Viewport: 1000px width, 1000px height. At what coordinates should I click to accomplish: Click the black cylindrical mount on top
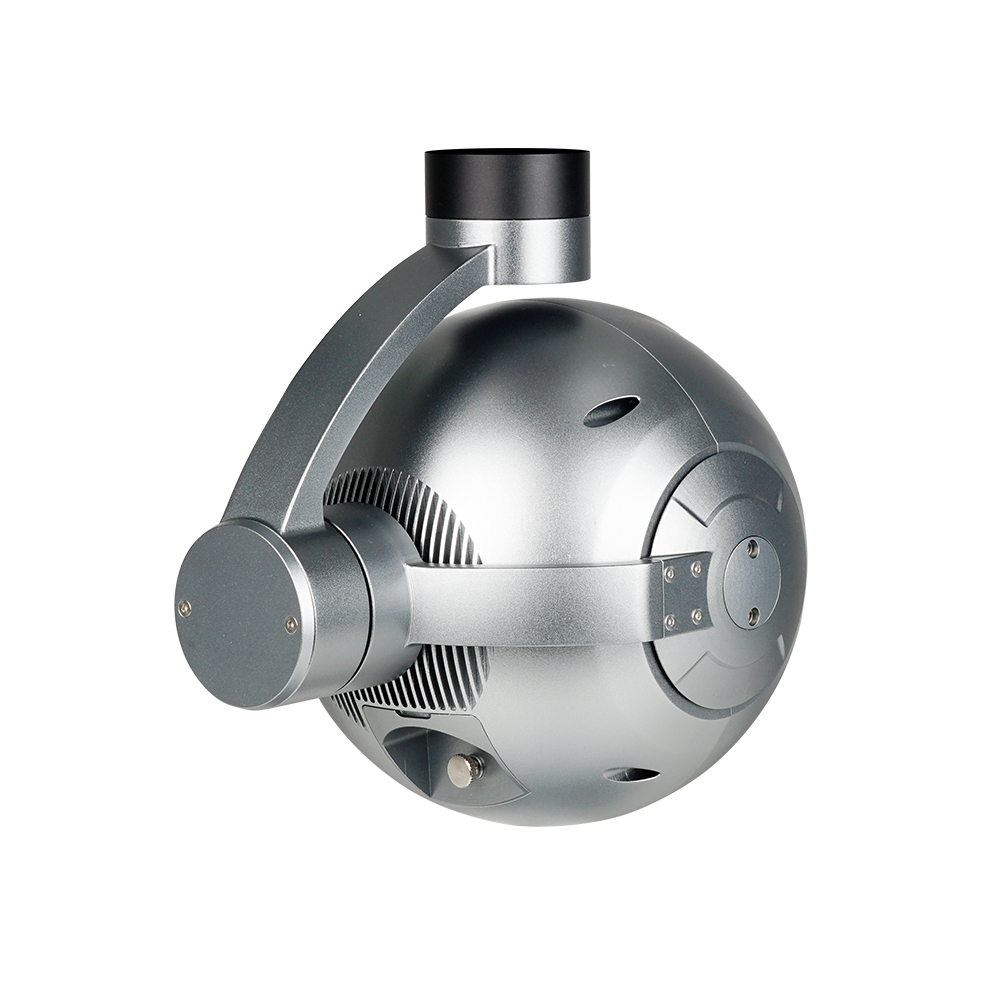click(507, 183)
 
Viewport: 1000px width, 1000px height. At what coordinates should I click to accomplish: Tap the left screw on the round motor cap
click(184, 607)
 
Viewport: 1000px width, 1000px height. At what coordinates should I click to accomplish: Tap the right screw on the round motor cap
click(290, 625)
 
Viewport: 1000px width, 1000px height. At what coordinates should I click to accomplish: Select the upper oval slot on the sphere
click(611, 410)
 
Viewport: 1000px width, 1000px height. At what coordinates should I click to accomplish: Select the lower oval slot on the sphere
click(631, 774)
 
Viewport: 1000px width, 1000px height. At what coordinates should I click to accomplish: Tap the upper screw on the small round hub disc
click(752, 547)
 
